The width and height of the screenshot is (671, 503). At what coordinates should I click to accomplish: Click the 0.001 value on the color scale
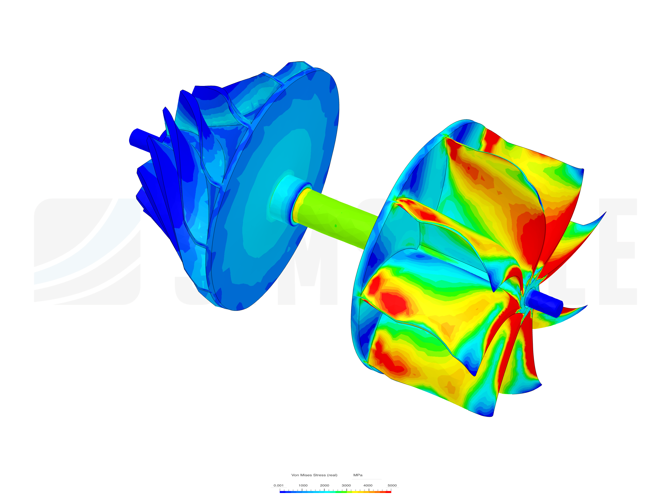278,485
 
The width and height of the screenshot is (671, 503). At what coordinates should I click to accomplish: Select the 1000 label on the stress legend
303,485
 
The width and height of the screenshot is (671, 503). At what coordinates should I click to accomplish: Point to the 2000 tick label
324,485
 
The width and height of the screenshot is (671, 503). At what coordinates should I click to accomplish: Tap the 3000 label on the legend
346,485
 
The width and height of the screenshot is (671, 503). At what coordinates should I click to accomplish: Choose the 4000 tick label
368,485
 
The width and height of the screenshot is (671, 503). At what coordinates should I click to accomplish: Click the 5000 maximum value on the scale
392,485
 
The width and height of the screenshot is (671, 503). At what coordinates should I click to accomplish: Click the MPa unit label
358,475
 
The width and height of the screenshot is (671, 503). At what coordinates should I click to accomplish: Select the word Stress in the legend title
319,475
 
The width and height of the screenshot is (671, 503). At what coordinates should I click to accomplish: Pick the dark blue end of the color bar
281,492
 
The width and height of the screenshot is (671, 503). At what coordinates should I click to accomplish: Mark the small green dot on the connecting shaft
335,226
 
